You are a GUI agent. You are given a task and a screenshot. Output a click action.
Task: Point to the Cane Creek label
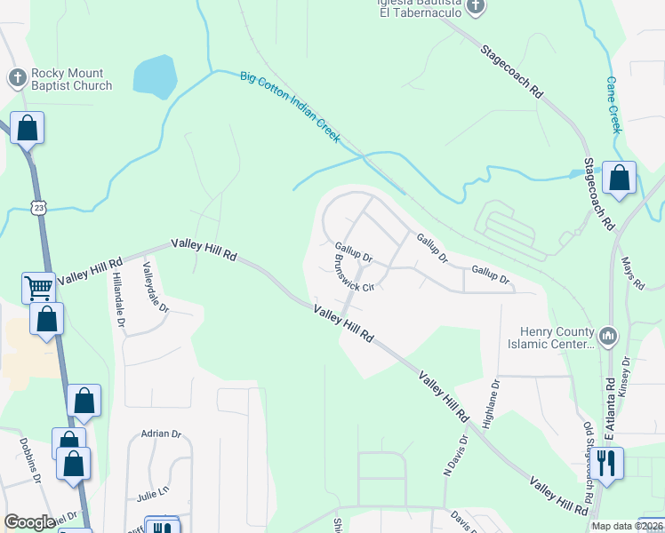(614, 103)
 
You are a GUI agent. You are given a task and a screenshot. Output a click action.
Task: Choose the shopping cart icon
(38, 287)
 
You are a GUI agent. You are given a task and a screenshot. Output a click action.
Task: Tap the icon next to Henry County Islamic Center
(608, 336)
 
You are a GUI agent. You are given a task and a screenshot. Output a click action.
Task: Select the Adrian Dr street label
(161, 434)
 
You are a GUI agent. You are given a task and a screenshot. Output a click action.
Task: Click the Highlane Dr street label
(491, 404)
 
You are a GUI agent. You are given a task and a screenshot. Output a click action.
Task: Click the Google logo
(29, 522)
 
